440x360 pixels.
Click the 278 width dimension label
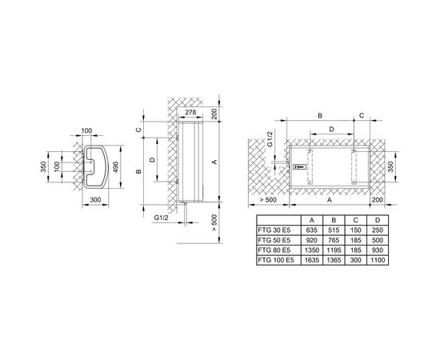tap(190, 112)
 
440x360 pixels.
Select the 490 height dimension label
tap(117, 166)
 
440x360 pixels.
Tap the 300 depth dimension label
tap(95, 200)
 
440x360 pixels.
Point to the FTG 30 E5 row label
tap(274, 230)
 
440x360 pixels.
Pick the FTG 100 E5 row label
tap(276, 260)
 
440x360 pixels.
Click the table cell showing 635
tap(312, 230)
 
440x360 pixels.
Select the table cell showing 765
tap(334, 240)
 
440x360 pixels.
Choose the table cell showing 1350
tap(312, 250)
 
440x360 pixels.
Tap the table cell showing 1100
tap(378, 260)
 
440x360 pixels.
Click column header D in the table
tap(378, 220)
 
